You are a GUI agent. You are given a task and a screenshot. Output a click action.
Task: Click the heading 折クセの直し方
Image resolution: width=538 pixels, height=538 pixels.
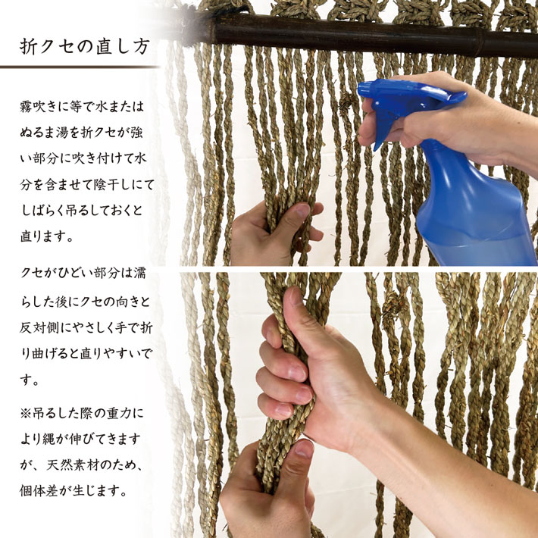pyautogui.click(x=84, y=46)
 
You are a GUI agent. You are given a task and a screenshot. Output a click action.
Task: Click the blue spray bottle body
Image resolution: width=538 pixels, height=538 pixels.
pyautogui.click(x=474, y=206)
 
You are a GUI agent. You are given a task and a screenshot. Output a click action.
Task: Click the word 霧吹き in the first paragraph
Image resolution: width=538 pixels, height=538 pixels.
pyautogui.click(x=39, y=107)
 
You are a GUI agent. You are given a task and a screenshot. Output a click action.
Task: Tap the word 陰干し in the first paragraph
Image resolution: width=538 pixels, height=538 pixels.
pyautogui.click(x=109, y=185)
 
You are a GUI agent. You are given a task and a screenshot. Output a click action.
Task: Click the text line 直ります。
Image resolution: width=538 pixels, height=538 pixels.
pyautogui.click(x=46, y=236)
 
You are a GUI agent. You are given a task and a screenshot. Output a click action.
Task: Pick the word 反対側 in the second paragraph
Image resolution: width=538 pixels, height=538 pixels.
pyautogui.click(x=39, y=328)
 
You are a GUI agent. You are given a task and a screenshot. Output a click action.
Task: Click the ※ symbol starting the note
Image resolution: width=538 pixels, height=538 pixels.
pyautogui.click(x=26, y=414)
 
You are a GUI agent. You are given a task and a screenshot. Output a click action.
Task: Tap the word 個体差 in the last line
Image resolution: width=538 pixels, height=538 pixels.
pyautogui.click(x=39, y=491)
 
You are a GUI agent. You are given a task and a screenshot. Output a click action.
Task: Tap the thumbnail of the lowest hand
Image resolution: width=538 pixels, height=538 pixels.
pyautogui.click(x=304, y=449)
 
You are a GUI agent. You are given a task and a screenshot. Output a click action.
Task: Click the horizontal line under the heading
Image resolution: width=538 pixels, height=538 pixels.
pyautogui.click(x=80, y=67)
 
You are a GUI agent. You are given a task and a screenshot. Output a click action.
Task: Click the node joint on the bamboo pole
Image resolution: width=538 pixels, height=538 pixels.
pyautogui.click(x=480, y=43)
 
